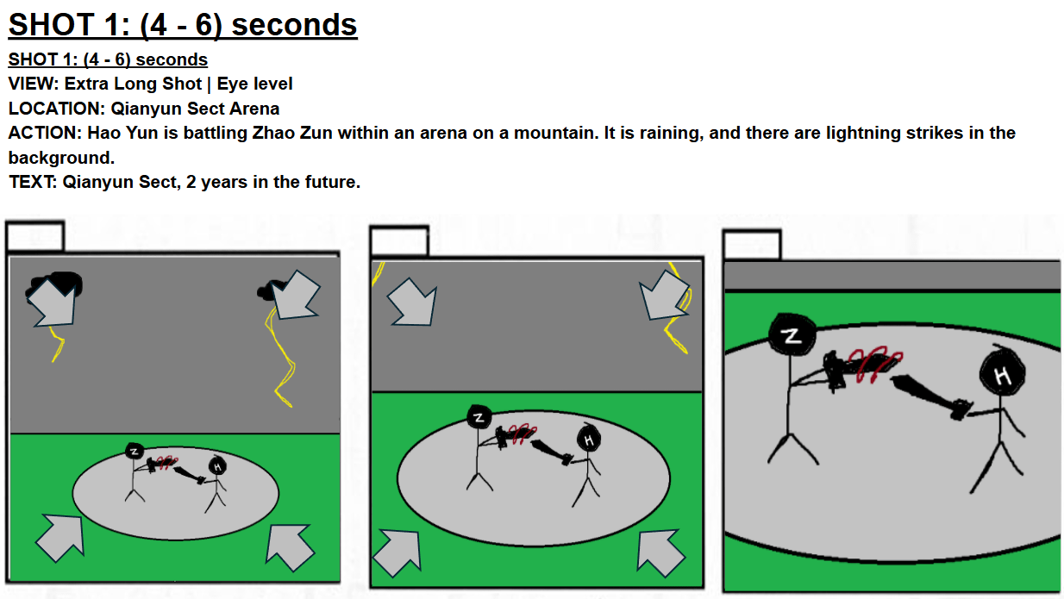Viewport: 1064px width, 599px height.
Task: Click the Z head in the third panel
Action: pyautogui.click(x=792, y=334)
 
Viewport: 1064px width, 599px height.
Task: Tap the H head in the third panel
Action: pyautogui.click(x=1002, y=373)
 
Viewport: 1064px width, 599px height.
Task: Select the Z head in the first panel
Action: pyautogui.click(x=135, y=451)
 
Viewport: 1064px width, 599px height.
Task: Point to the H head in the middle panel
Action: pyautogui.click(x=589, y=439)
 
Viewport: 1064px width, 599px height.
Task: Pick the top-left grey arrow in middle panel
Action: pyautogui.click(x=412, y=303)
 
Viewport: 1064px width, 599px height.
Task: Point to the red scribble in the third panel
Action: pyautogui.click(x=879, y=365)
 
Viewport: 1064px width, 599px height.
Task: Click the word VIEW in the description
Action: pyautogui.click(x=31, y=84)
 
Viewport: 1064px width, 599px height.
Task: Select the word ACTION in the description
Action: pyautogui.click(x=42, y=133)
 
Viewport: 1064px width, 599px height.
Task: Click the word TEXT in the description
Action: pyautogui.click(x=30, y=182)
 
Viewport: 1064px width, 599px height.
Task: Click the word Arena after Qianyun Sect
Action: pyautogui.click(x=254, y=109)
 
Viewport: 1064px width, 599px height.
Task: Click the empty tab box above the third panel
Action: pyautogui.click(x=753, y=245)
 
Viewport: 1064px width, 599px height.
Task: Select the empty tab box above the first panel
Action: pyautogui.click(x=35, y=236)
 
